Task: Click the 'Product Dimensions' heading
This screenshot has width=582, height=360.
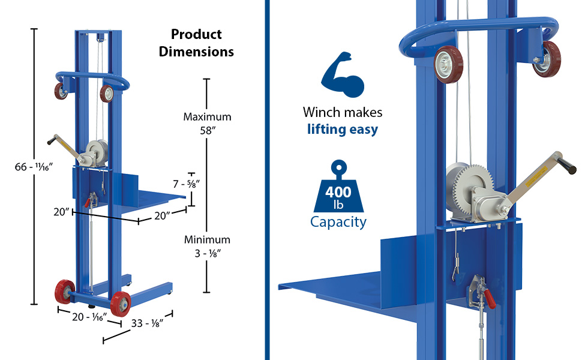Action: click(196, 43)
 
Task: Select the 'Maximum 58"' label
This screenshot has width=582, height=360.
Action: click(207, 123)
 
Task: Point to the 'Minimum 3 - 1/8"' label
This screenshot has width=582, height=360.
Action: click(207, 246)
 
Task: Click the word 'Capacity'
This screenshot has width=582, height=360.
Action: click(338, 222)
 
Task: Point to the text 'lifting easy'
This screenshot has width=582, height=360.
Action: click(342, 128)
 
